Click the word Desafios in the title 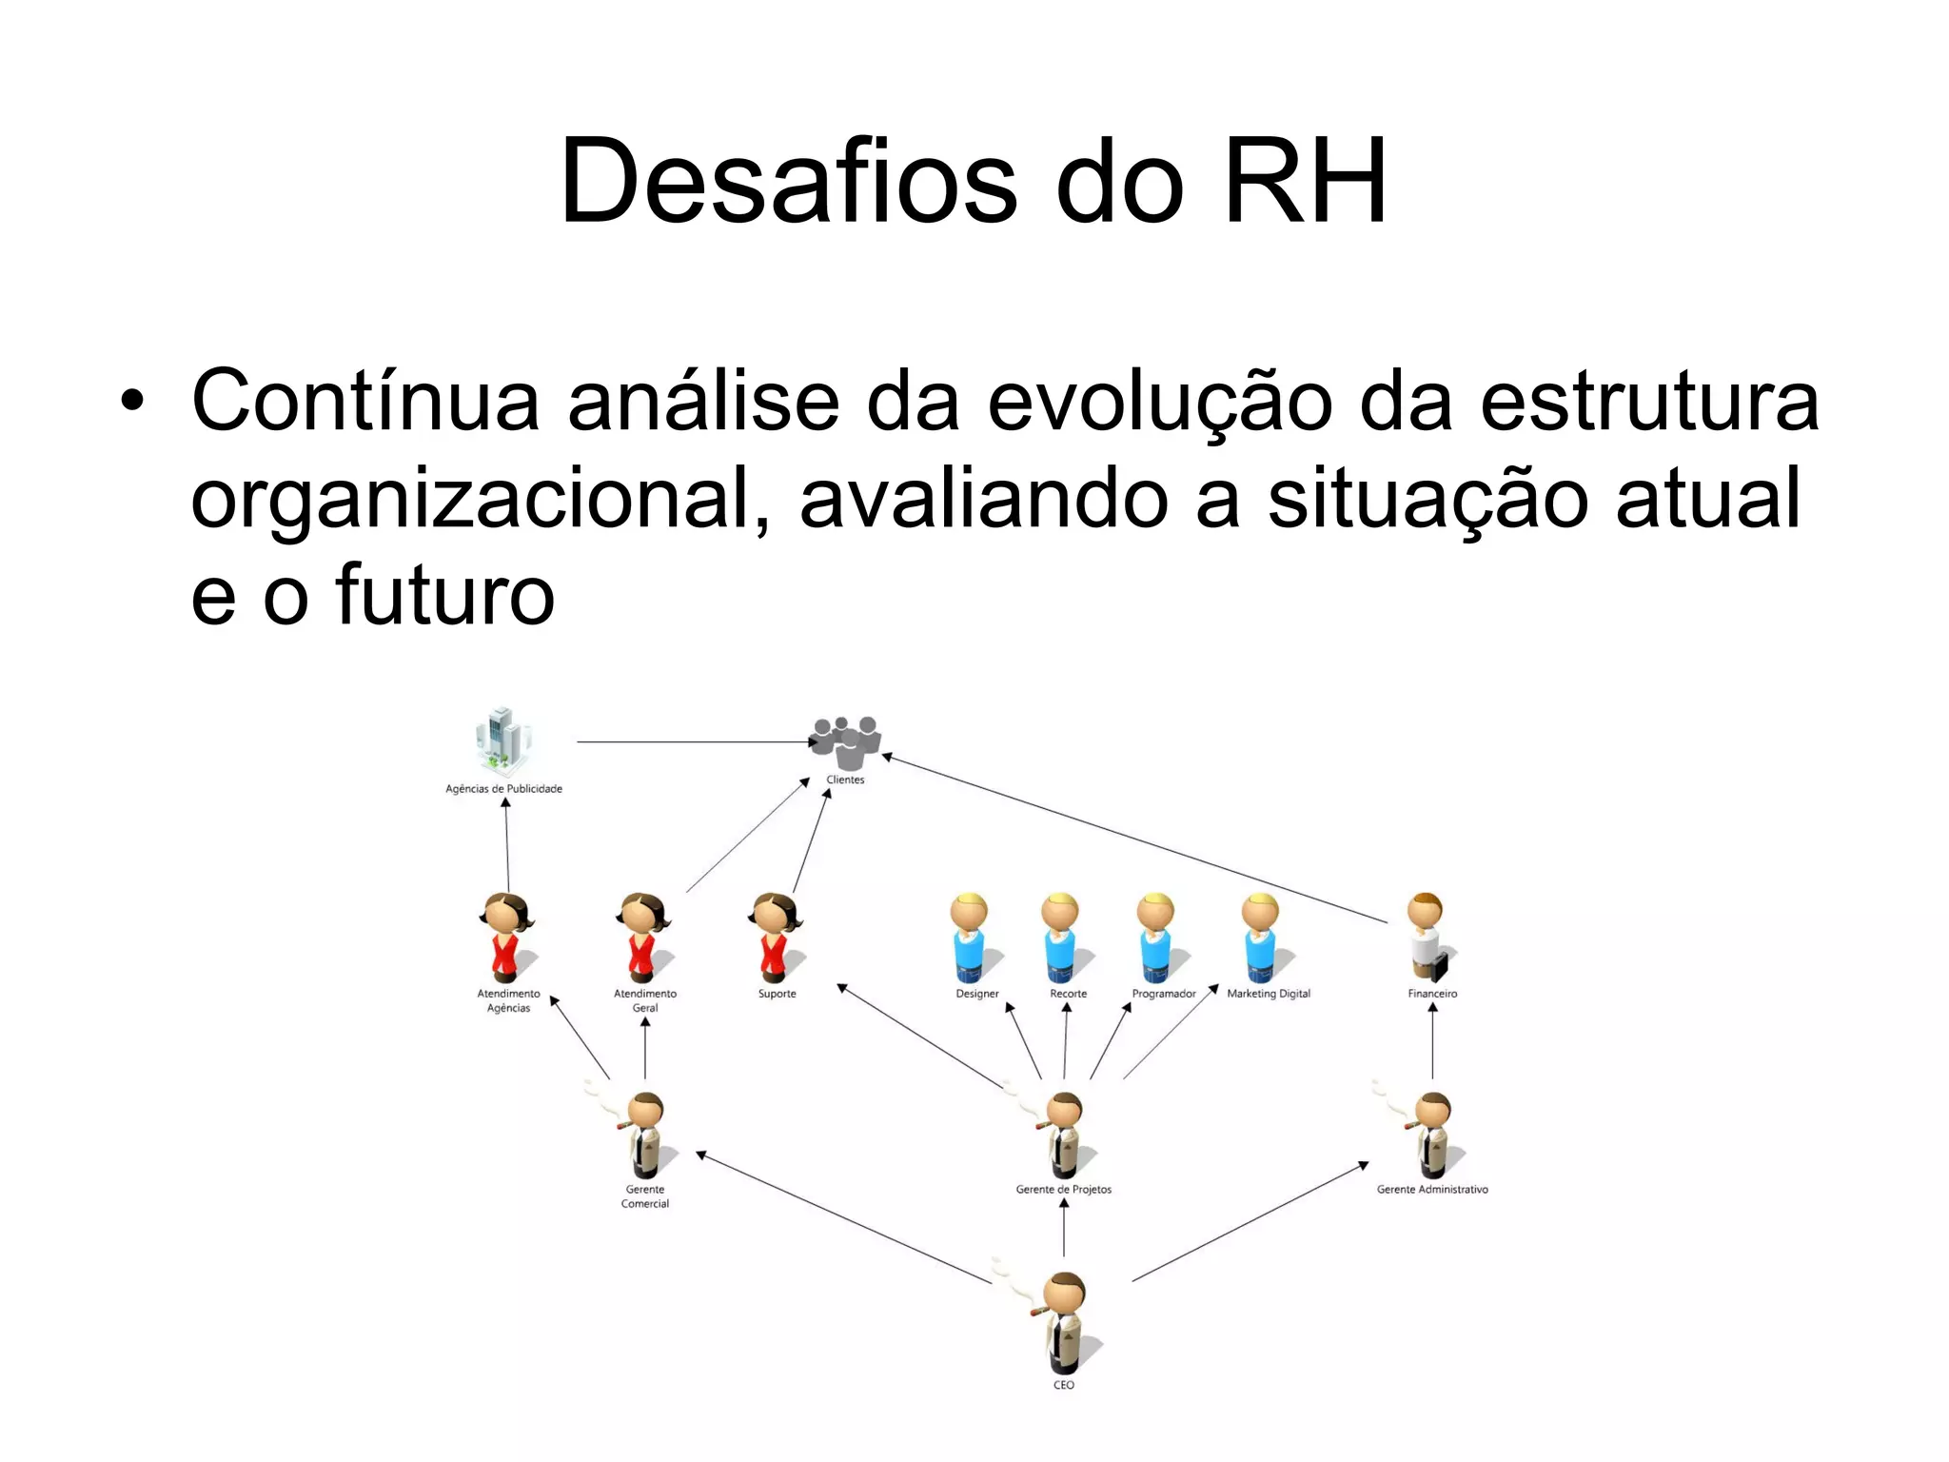(789, 181)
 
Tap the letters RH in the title (1305, 181)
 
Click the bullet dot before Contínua (132, 402)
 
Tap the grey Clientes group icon (846, 741)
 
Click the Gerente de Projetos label (1063, 1190)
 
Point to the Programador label (1163, 994)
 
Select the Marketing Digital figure (1260, 937)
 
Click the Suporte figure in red (776, 937)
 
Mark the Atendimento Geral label (645, 1000)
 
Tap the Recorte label (1068, 994)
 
